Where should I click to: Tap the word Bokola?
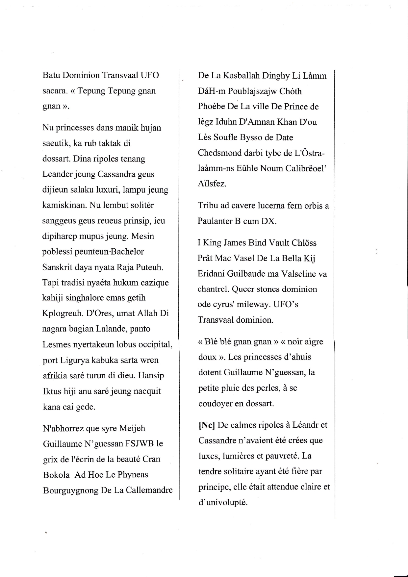pyautogui.click(x=56, y=475)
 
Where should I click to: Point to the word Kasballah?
pyautogui.click(x=241, y=76)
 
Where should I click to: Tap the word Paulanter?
pyautogui.click(x=215, y=221)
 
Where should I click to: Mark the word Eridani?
pyautogui.click(x=212, y=274)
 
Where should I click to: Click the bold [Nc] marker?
pyautogui.click(x=206, y=425)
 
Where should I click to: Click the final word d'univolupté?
pyautogui.click(x=223, y=502)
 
